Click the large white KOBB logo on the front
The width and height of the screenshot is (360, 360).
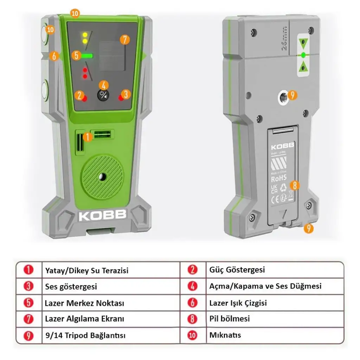[x=102, y=216]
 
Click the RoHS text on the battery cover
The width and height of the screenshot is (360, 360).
[x=279, y=178]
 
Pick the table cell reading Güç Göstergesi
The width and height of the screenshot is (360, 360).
[x=237, y=270]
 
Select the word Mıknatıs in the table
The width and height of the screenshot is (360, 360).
[x=225, y=335]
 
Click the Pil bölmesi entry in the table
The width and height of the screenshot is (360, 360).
[x=230, y=319]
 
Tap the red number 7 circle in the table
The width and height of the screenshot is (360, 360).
[x=28, y=319]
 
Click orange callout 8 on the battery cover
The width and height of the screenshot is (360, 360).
[x=295, y=185]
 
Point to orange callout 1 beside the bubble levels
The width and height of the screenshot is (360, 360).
[x=88, y=137]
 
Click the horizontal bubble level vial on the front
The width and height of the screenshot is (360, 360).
[x=102, y=134]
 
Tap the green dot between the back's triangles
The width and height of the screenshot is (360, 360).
[x=303, y=55]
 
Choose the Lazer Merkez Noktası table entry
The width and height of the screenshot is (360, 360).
[x=84, y=303]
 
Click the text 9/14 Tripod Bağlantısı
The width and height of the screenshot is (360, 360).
[x=85, y=335]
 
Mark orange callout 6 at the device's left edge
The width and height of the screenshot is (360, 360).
[x=54, y=56]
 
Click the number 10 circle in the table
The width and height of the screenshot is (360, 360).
[x=192, y=335]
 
